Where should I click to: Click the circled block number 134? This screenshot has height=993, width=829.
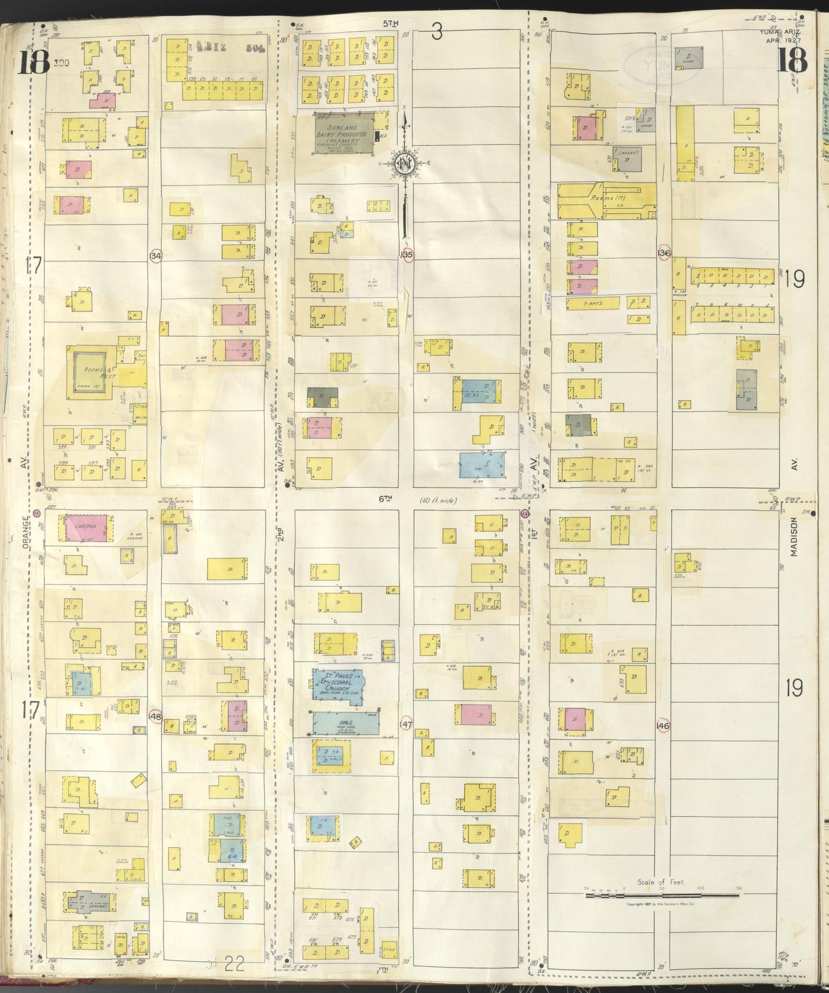[x=155, y=256]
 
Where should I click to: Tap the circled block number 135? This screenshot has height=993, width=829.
[x=407, y=254]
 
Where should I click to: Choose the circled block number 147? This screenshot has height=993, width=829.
[x=407, y=725]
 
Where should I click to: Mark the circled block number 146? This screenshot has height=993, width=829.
[x=664, y=726]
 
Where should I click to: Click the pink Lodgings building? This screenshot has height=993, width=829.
[x=85, y=527]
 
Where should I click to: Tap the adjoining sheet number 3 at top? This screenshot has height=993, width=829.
[x=437, y=33]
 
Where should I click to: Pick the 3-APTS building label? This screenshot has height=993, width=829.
[x=593, y=303]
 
